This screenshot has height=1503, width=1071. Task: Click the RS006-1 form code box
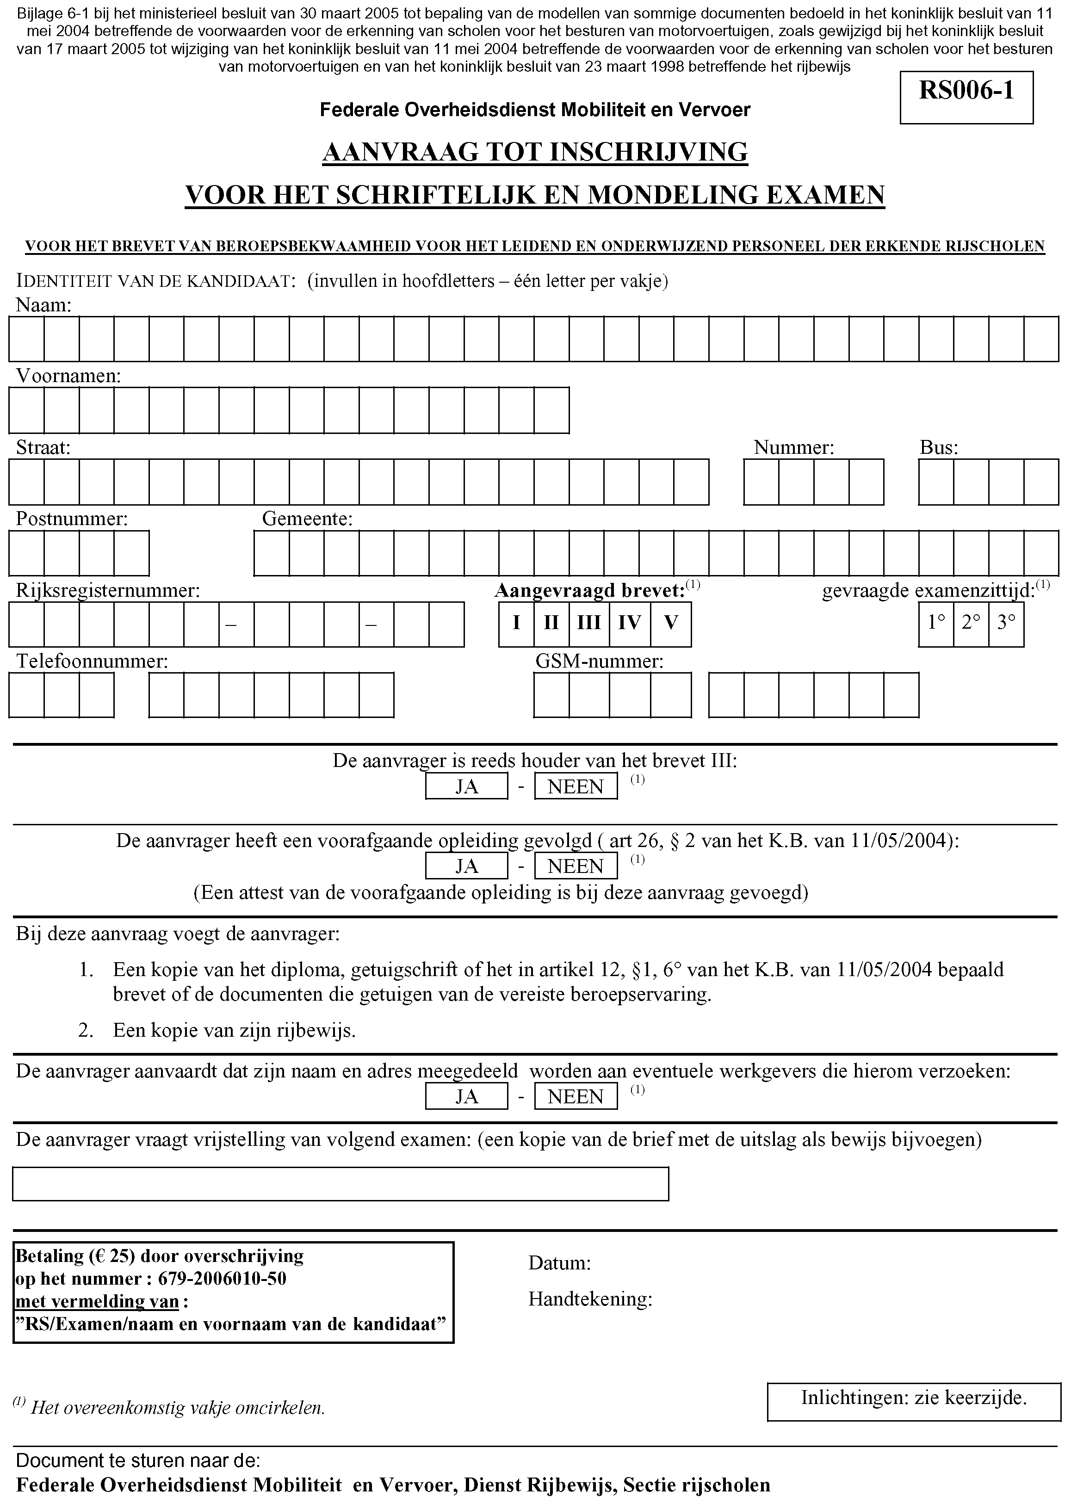(x=966, y=97)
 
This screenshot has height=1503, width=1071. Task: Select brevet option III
(x=588, y=623)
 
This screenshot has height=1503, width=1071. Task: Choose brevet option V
(x=671, y=623)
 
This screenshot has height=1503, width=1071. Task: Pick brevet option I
(x=516, y=623)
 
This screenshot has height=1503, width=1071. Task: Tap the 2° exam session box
(x=971, y=623)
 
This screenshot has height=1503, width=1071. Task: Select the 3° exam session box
(x=1006, y=623)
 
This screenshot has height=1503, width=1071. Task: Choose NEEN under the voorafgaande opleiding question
(x=575, y=866)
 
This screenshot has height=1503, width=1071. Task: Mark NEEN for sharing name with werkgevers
(x=575, y=1097)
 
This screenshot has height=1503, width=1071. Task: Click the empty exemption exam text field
(x=340, y=1184)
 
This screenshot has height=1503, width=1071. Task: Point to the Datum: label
(x=559, y=1263)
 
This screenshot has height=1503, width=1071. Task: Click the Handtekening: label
(x=589, y=1299)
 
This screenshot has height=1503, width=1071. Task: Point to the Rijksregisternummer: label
(x=107, y=591)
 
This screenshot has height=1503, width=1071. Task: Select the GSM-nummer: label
(x=599, y=662)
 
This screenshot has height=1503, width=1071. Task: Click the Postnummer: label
(x=72, y=519)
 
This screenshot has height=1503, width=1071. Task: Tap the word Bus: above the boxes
(x=938, y=448)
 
